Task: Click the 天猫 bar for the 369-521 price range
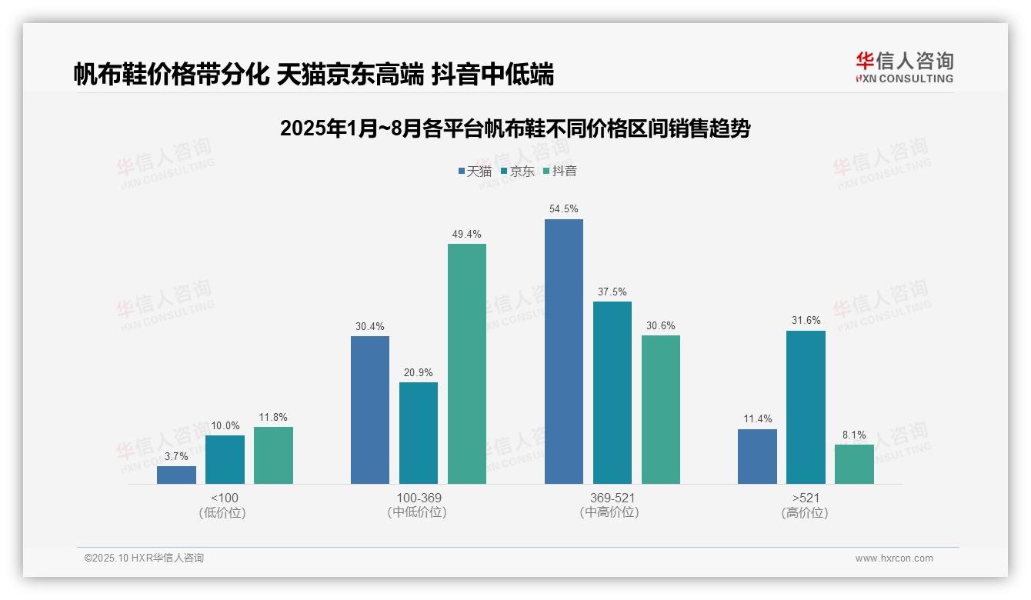coord(563,352)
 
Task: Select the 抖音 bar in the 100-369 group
coord(467,364)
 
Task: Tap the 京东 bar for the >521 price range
coord(806,407)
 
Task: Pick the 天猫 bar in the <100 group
coord(176,475)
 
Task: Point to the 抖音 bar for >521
coord(854,464)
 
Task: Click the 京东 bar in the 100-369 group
coord(419,433)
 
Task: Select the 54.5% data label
coord(563,209)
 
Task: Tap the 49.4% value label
coord(467,234)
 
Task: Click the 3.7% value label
coord(176,456)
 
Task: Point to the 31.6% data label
coord(806,321)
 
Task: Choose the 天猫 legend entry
coord(475,172)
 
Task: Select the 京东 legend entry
coord(517,172)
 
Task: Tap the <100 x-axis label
coord(224,498)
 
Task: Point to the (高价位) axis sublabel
coord(805,512)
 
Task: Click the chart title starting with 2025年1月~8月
coord(515,128)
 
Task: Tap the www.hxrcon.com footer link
coord(893,558)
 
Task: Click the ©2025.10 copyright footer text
coord(144,558)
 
